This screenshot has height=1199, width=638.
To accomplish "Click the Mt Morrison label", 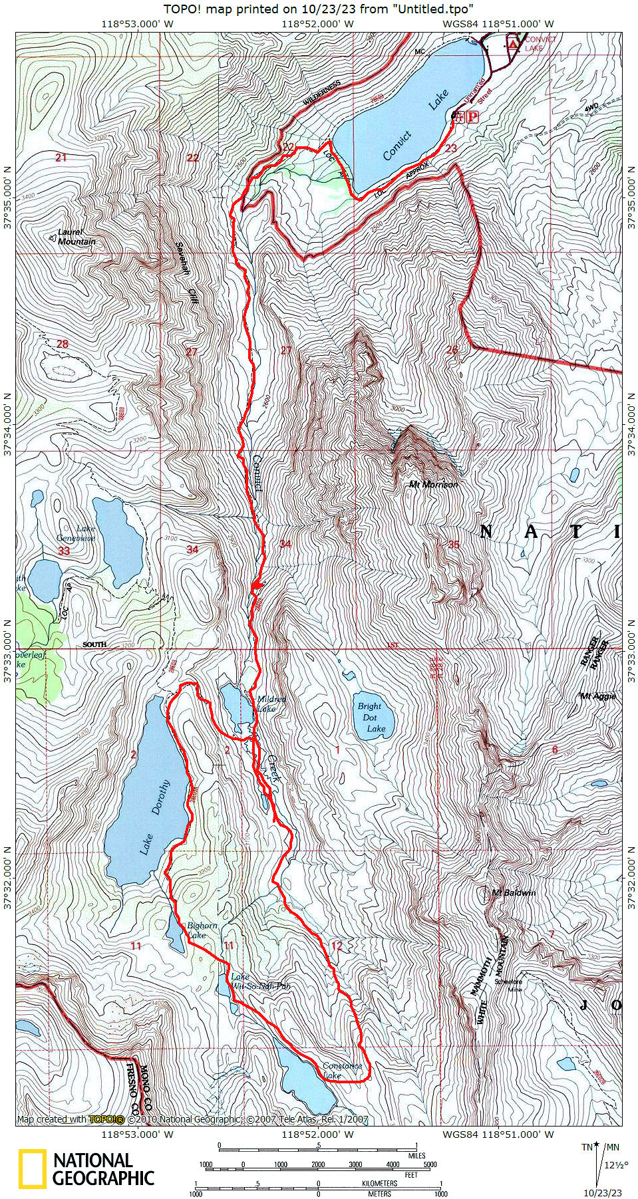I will [x=433, y=485].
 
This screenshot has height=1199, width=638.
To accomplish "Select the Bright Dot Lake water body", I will [x=373, y=718].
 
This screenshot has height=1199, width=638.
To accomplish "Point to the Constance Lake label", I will [x=342, y=1070].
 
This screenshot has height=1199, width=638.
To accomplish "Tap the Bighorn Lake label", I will [x=202, y=930].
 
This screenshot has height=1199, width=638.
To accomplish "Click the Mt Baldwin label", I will [x=514, y=892].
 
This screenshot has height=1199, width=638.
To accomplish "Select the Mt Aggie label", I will [x=597, y=696].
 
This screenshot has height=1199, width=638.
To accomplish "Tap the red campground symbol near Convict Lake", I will [x=512, y=44].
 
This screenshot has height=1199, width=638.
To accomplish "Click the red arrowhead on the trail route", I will [x=257, y=585].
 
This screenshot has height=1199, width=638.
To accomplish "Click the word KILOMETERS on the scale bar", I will [x=379, y=1184].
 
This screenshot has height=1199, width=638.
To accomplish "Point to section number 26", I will [x=452, y=350].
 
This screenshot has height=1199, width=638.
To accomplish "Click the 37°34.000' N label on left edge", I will [x=7, y=424].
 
